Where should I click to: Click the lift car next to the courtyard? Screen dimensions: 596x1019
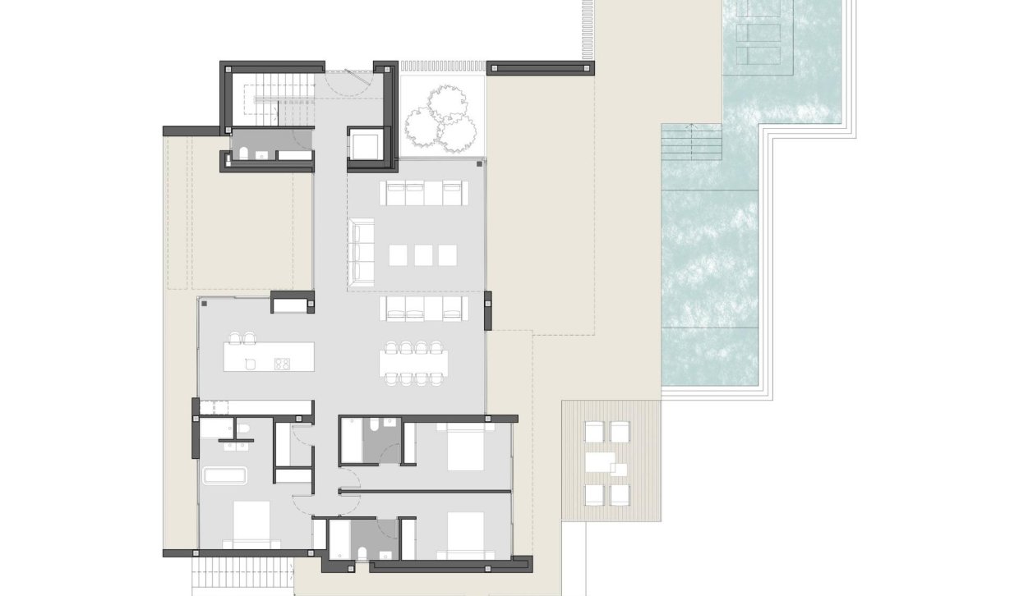364,144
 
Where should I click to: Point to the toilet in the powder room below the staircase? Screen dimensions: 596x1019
244,152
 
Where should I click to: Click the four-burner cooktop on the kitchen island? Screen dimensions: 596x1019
281,364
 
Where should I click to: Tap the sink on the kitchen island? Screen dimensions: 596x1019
250,364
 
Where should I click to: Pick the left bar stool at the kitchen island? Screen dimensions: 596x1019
235,337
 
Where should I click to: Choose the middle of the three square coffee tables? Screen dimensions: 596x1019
423,255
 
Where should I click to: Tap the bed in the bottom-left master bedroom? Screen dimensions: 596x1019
251,523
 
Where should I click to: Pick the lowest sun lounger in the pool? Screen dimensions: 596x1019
759,56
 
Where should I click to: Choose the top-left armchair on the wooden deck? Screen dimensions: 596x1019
592,431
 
